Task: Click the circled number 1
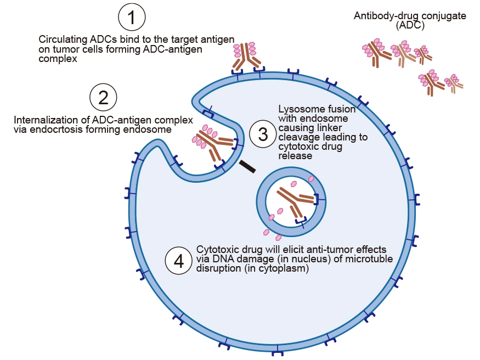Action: point(131,19)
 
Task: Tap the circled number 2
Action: point(103,98)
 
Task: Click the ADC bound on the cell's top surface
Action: point(246,55)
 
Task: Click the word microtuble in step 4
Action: point(369,260)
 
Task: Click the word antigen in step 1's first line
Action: point(220,40)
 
